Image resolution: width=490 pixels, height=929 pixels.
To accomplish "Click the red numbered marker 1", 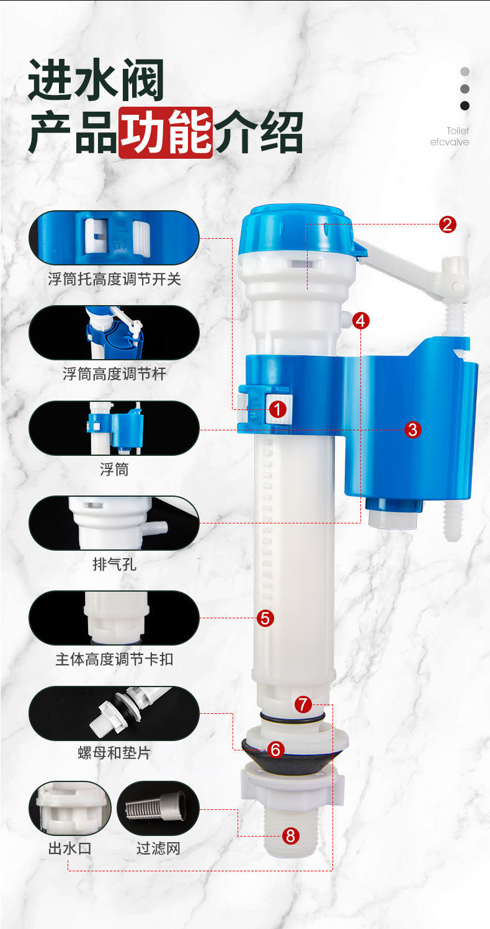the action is (278, 409).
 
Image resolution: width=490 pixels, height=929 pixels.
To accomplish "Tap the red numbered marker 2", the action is (447, 224).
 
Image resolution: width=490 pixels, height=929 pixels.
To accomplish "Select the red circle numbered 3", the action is (412, 430).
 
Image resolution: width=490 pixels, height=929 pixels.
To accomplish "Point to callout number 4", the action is (360, 321).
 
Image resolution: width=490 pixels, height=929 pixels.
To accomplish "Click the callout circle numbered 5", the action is (265, 618).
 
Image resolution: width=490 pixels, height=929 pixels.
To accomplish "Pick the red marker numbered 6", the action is (275, 749).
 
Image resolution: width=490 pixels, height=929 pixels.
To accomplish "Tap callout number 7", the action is (303, 705).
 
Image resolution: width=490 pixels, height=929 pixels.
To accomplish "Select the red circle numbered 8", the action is (290, 836).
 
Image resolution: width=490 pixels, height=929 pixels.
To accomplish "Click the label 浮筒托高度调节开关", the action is (114, 279).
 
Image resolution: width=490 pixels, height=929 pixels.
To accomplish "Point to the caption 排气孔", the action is (114, 564).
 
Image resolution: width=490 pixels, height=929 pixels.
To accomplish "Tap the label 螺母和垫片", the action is (114, 753).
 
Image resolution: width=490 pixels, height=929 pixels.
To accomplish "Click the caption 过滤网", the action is (158, 848).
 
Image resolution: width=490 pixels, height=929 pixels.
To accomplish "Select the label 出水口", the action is (69, 848).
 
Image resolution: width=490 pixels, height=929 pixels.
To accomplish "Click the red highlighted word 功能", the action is (166, 133).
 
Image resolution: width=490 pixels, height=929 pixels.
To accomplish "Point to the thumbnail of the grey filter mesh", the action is (158, 808).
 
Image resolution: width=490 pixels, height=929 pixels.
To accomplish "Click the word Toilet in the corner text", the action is (458, 131).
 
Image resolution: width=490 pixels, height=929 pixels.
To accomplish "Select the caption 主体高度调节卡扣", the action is (114, 659).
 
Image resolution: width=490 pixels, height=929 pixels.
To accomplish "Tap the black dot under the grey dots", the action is (465, 106).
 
